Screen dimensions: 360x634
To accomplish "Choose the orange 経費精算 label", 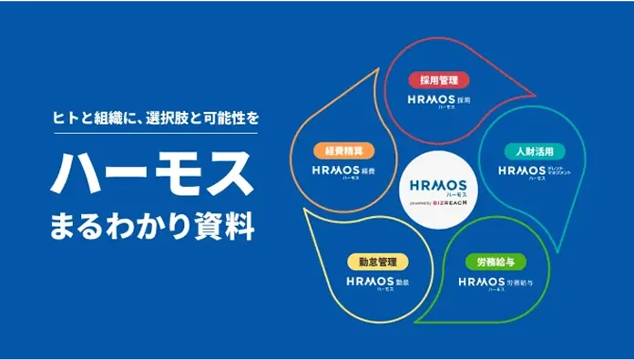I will point(338,150).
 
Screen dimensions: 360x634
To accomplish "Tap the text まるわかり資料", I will point(152,223).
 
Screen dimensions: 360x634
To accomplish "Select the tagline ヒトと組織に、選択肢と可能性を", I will point(152,118).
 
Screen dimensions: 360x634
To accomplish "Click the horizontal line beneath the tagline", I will point(152,135).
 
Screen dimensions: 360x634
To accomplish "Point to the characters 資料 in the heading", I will point(228,223).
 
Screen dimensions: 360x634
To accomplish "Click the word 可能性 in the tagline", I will point(223,118).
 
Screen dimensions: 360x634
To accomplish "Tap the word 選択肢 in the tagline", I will point(169,118).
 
